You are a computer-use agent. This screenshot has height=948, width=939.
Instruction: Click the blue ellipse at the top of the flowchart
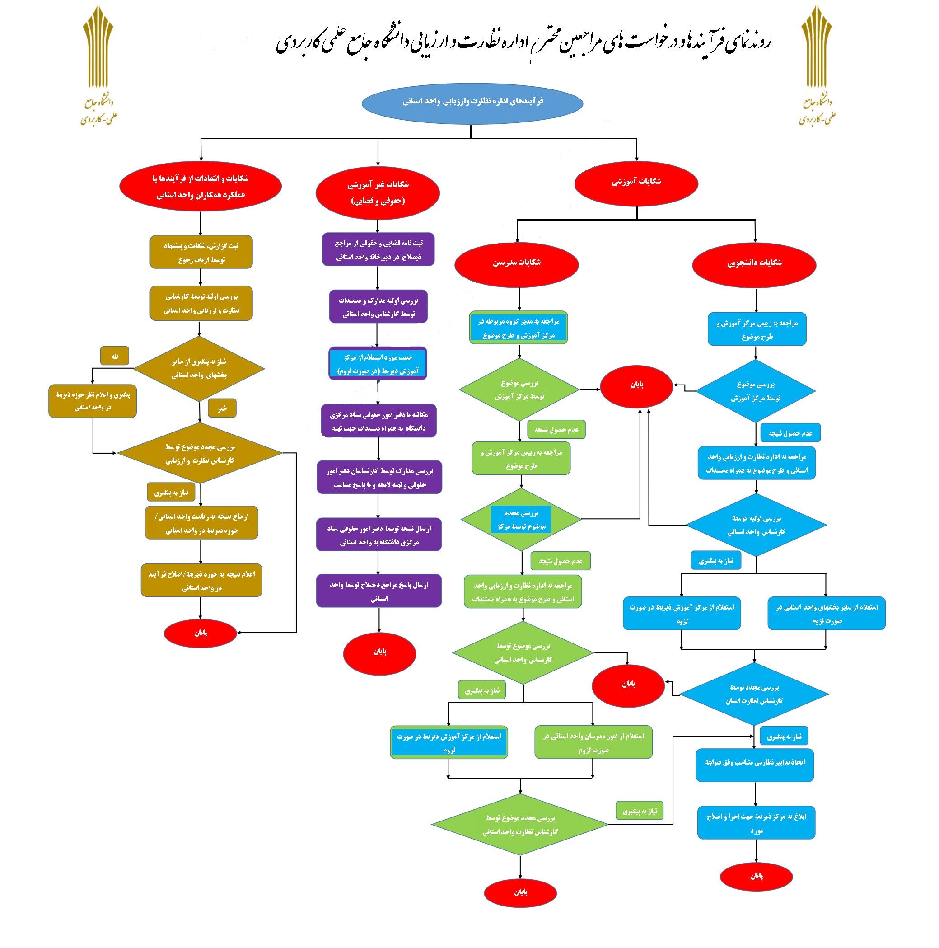coord(472,103)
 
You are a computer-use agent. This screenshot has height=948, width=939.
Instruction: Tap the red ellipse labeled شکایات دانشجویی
coord(754,264)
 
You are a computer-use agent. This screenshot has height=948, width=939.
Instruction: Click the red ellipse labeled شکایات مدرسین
coord(516,264)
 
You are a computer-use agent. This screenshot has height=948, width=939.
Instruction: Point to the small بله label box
coord(114,356)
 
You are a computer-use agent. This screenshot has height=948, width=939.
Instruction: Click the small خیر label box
coord(222,408)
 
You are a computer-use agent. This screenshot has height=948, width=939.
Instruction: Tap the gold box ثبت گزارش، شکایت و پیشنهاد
coord(201,252)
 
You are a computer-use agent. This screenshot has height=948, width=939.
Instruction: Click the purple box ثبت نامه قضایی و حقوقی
coord(378,249)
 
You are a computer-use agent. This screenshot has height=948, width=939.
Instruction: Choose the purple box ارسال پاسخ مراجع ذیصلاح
coord(378,591)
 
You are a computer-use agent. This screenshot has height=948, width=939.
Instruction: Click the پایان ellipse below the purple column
coord(379,652)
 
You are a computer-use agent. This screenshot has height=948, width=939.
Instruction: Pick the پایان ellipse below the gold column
coord(200,633)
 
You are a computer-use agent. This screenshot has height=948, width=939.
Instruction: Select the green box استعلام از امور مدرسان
coord(593,742)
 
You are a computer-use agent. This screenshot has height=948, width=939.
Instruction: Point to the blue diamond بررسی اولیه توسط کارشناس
coord(756,525)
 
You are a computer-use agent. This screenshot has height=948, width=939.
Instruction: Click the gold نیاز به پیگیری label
coord(171,492)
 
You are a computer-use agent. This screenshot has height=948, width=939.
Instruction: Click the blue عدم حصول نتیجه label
coord(790,433)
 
